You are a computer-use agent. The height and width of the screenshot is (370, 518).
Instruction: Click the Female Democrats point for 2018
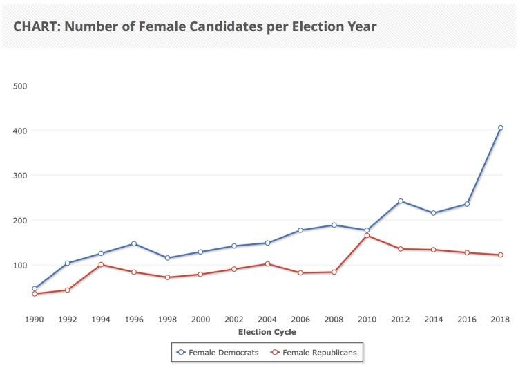[500, 128]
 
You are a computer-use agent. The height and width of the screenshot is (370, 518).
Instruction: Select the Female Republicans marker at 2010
[367, 236]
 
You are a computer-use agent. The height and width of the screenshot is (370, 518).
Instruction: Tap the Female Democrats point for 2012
[400, 201]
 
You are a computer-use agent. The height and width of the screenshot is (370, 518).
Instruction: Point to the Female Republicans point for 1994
[101, 265]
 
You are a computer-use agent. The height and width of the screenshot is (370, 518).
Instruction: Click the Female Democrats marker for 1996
[134, 243]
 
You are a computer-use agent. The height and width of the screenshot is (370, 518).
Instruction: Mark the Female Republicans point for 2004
[267, 263]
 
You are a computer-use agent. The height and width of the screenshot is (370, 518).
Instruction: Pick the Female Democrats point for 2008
[334, 225]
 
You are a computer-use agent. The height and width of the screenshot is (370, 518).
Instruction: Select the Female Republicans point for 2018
[500, 255]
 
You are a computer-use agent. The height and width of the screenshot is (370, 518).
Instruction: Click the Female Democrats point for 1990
[35, 288]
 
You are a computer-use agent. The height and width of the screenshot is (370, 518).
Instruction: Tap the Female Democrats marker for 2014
[433, 213]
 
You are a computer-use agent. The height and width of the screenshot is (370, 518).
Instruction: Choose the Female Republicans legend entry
[315, 352]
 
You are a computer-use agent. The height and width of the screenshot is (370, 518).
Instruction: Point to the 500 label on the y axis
[20, 86]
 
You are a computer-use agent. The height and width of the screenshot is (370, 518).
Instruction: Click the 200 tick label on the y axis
[20, 220]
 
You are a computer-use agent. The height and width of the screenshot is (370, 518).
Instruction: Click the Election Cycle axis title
[267, 333]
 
